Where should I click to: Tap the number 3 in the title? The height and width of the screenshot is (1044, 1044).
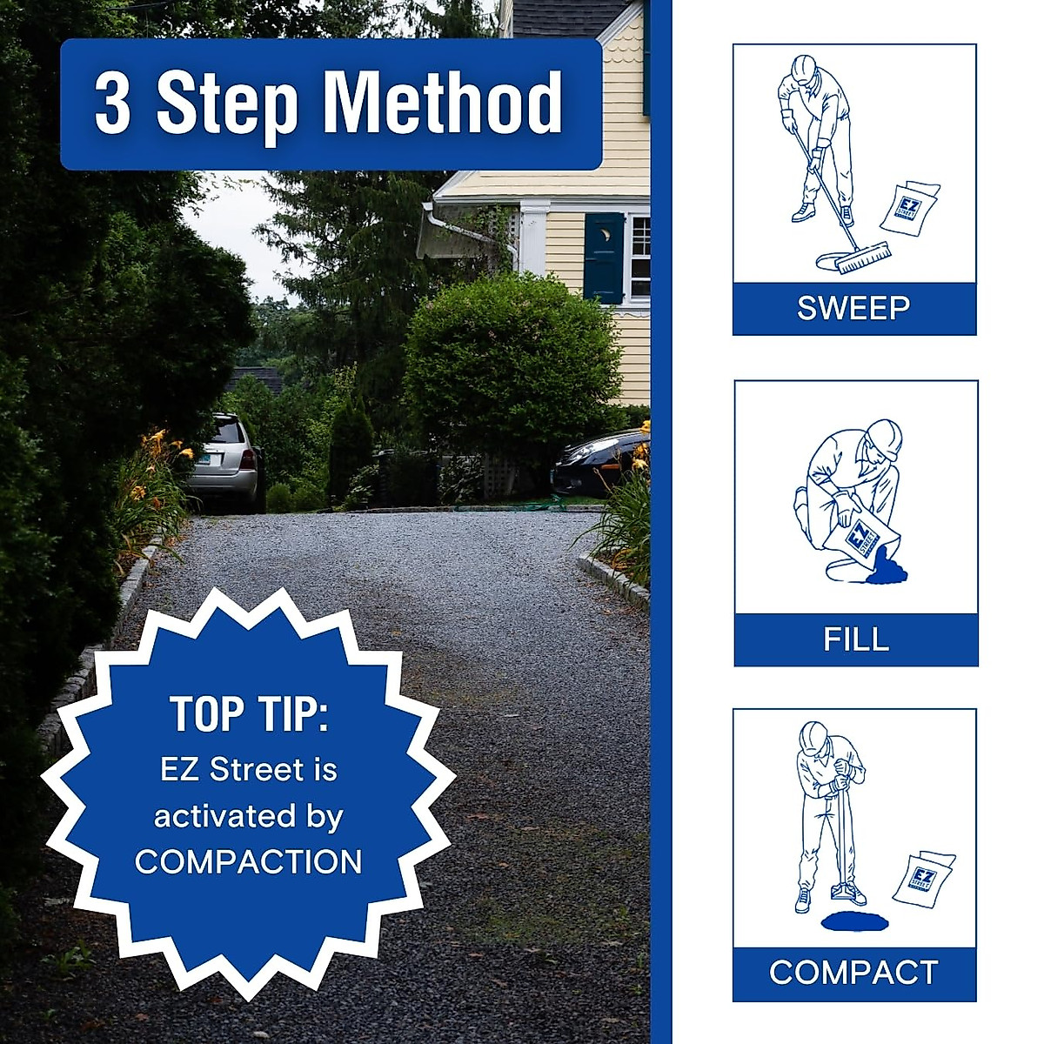[113, 104]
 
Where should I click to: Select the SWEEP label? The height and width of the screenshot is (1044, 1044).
[853, 309]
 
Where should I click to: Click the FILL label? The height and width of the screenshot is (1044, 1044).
[856, 639]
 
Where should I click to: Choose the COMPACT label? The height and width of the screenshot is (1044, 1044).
[853, 973]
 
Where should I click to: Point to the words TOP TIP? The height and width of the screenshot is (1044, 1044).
[249, 714]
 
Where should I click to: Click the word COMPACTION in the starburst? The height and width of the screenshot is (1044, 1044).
[249, 862]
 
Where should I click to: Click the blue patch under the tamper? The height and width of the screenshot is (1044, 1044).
[851, 920]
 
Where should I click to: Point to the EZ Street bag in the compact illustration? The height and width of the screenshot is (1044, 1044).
[923, 879]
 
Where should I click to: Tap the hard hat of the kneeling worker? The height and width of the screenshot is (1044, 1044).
[885, 438]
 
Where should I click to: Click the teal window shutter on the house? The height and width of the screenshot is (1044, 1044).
[603, 258]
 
